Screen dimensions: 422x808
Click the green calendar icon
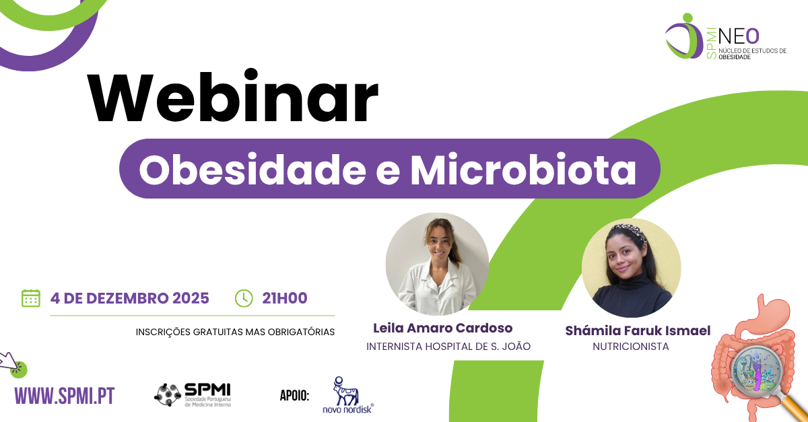[31, 298]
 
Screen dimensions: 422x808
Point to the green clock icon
[243, 298]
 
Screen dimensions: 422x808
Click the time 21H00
[284, 298]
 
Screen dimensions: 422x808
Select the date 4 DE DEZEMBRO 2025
[129, 298]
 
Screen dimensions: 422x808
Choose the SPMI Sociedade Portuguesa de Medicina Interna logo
[193, 395]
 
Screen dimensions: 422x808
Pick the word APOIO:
[294, 395]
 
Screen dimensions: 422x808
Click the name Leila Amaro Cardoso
[442, 328]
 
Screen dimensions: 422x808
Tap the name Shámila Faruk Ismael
[638, 330]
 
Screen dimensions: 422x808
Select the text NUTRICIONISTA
[630, 347]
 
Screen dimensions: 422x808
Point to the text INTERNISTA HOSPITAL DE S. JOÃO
[448, 347]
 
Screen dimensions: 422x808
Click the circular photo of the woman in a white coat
[437, 265]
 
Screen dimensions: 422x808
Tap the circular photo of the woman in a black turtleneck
[631, 268]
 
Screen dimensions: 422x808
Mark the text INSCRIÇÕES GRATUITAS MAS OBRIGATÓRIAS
[235, 332]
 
